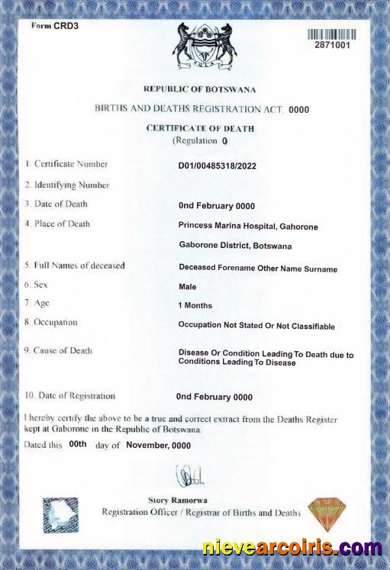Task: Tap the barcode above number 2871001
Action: tap(332, 34)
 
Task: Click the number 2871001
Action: tap(332, 46)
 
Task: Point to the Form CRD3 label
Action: tap(55, 26)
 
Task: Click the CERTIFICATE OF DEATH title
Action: tap(200, 128)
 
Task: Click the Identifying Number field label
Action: tap(66, 185)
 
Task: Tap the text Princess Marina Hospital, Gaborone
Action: tap(248, 227)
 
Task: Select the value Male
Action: tap(187, 287)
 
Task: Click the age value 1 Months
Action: tap(195, 305)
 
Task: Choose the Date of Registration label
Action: tap(70, 396)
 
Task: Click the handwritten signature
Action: tap(189, 476)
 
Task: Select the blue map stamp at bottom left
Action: tap(60, 514)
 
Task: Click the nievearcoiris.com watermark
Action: tap(292, 547)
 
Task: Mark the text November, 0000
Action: tap(158, 445)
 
